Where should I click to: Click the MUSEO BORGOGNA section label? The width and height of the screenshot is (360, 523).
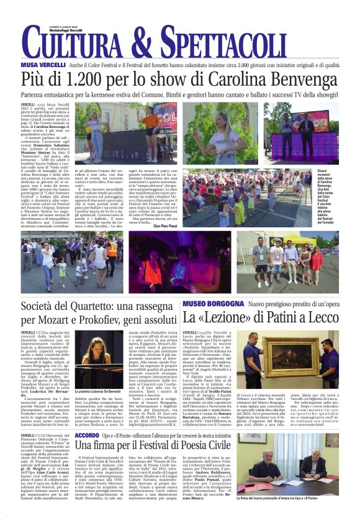click(x=213, y=304)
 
